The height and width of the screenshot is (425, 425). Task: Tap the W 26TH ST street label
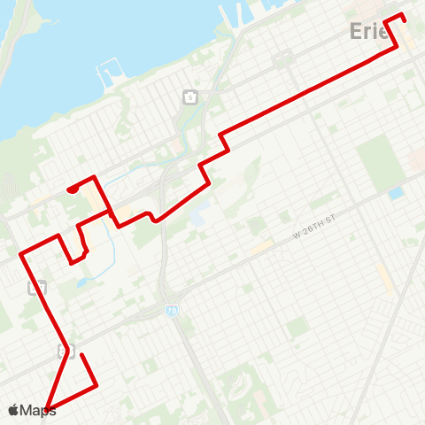pyautogui.click(x=315, y=232)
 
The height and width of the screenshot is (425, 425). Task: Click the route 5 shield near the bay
pyautogui.click(x=189, y=96)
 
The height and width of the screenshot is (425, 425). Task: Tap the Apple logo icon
pyautogui.click(x=13, y=410)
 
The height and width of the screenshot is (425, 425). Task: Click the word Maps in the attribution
pyautogui.click(x=38, y=410)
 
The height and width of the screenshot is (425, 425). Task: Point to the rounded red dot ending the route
pyautogui.click(x=71, y=189)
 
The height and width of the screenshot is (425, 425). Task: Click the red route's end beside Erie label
pyautogui.click(x=404, y=15)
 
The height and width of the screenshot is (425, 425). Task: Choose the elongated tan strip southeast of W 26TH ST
pyautogui.click(x=383, y=275)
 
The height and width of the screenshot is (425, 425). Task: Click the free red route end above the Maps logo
pyautogui.click(x=81, y=355)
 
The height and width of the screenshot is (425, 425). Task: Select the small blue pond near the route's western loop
pyautogui.click(x=85, y=282)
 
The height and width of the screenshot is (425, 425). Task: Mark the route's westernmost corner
pyautogui.click(x=20, y=255)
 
